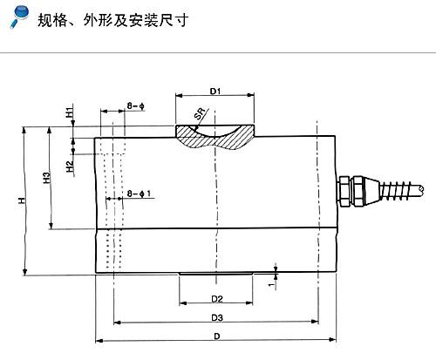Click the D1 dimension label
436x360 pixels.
pyautogui.click(x=215, y=92)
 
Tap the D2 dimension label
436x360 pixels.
pyautogui.click(x=217, y=299)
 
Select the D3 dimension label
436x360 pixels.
pyautogui.click(x=217, y=318)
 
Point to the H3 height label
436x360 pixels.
pyautogui.click(x=46, y=178)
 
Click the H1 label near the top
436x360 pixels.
pyautogui.click(x=70, y=112)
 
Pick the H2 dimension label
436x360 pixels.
pyautogui.click(x=70, y=166)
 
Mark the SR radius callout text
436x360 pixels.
pyautogui.click(x=200, y=113)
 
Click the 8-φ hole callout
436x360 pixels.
pyautogui.click(x=136, y=106)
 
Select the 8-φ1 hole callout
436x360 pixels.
pyautogui.click(x=140, y=194)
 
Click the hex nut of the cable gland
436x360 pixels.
pyautogui.click(x=344, y=191)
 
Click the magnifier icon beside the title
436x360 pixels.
pyautogui.click(x=20, y=17)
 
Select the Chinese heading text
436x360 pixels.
pyautogui.click(x=113, y=20)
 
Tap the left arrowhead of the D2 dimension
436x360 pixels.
pyautogui.click(x=183, y=303)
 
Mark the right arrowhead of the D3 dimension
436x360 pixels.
pyautogui.click(x=315, y=322)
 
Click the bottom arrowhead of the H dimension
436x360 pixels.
pyautogui.click(x=25, y=271)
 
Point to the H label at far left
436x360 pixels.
pyautogui.click(x=22, y=200)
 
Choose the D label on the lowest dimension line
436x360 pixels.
pyautogui.click(x=217, y=336)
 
